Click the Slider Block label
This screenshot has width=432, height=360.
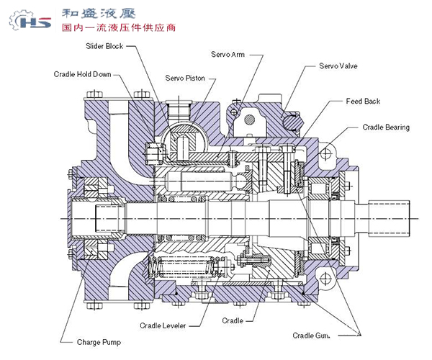104,46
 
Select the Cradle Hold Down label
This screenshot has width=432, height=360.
83,74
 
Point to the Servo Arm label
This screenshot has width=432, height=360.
228,54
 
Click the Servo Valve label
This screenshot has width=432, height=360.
338,66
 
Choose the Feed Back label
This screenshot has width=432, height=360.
363,102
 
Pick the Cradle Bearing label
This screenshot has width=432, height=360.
385,127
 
